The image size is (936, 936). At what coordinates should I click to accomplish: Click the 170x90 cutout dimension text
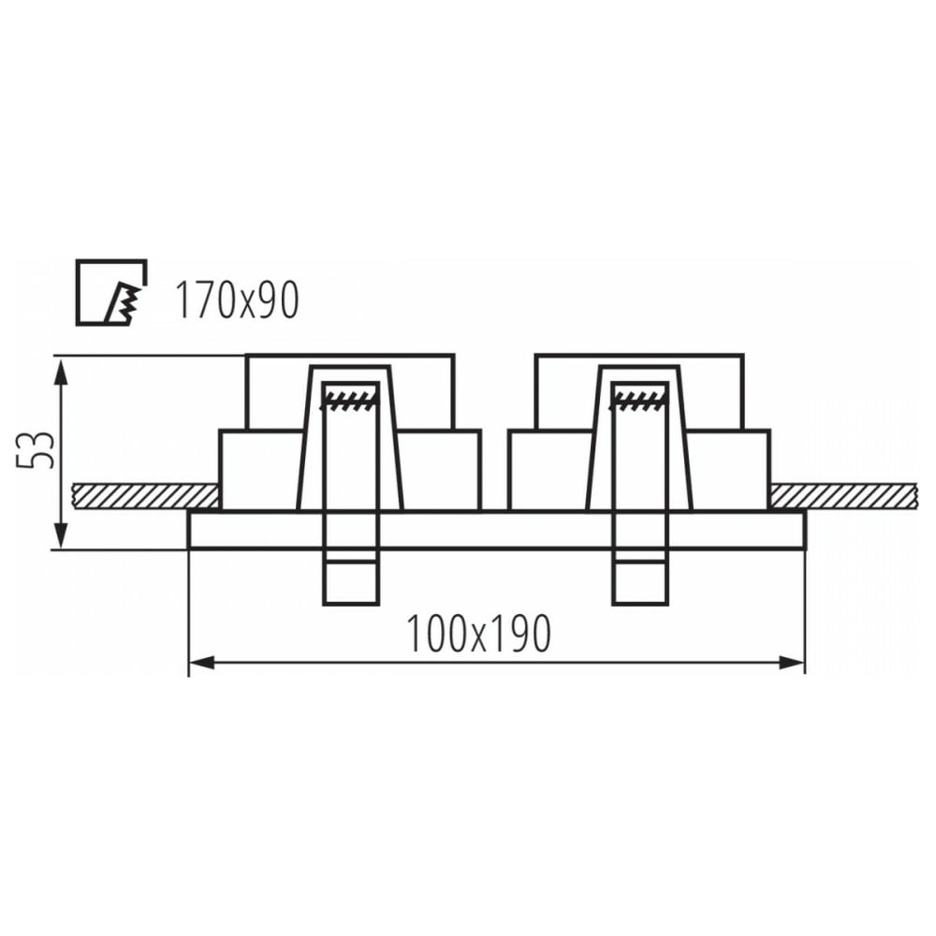(x=237, y=300)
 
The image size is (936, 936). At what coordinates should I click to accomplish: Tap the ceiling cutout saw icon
(x=111, y=292)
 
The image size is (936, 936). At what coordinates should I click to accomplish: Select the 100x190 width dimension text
(x=477, y=634)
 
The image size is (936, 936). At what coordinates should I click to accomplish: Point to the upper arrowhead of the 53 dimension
(x=59, y=370)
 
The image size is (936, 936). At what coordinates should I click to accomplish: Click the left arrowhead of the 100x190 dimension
(x=201, y=662)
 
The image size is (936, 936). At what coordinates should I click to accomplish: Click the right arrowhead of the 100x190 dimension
(x=792, y=662)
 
